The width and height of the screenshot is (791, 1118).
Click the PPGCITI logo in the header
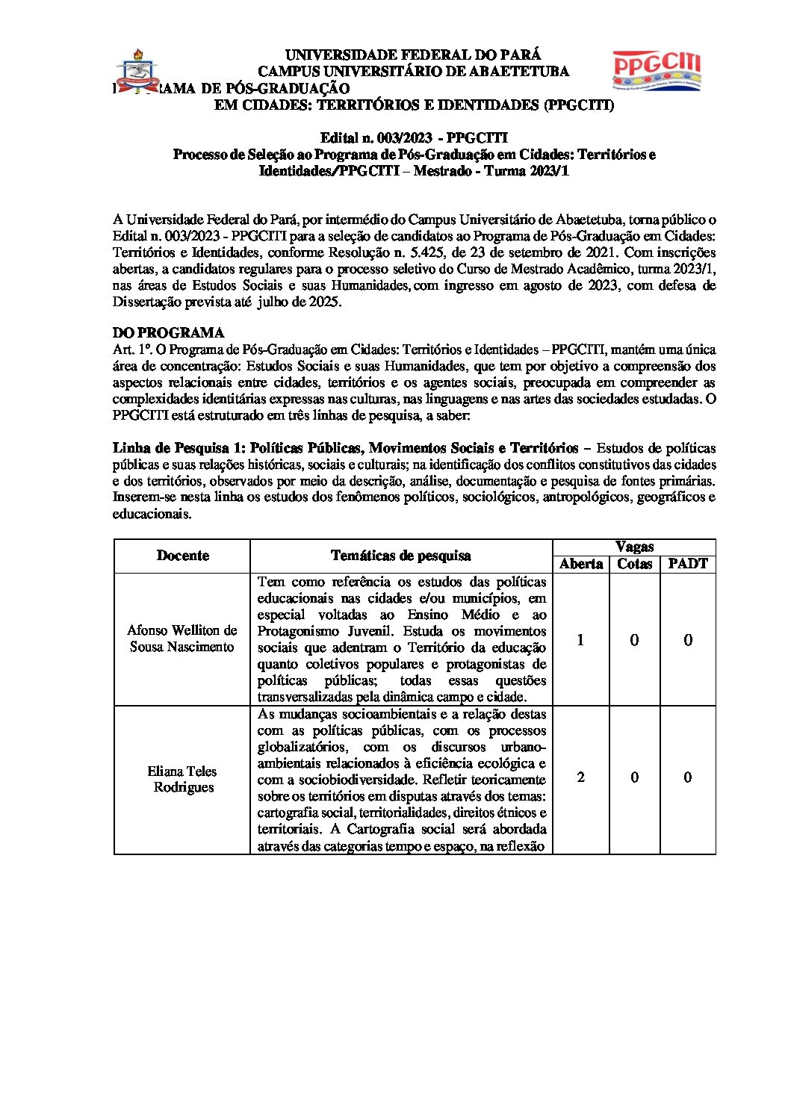point(657,70)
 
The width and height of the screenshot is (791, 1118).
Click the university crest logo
point(137,70)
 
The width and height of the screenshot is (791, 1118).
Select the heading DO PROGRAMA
point(168,332)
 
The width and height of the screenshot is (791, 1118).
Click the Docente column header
point(182,556)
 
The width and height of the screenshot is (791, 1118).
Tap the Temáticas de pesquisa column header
point(400,556)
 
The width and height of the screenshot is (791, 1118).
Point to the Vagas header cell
point(633,547)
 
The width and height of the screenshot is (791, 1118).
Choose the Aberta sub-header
point(580,565)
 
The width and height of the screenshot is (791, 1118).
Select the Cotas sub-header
point(634,565)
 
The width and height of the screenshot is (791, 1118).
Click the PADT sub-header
point(687,565)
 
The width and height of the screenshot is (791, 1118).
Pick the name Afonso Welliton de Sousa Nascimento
point(182,639)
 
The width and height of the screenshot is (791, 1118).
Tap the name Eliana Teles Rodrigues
point(182,779)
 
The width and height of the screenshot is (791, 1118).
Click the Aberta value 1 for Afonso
point(580,640)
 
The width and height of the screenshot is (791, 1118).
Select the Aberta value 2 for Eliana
point(580,777)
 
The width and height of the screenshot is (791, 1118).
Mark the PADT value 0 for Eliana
point(687,777)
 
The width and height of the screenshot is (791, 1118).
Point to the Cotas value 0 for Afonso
point(634,640)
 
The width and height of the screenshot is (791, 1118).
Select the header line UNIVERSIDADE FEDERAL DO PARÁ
point(413,55)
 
